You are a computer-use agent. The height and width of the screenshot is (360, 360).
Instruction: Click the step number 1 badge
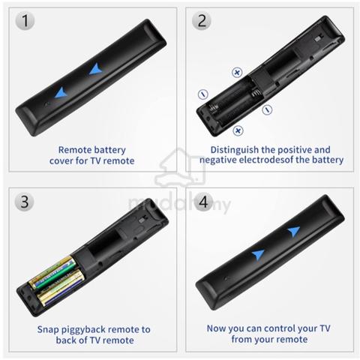[25, 20]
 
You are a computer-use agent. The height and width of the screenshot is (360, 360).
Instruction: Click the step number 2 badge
[202, 20]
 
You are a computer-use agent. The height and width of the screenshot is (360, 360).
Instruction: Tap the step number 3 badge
[25, 202]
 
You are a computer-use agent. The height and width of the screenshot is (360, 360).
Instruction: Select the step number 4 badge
[203, 202]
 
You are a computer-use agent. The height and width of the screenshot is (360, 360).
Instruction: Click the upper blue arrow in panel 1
[96, 69]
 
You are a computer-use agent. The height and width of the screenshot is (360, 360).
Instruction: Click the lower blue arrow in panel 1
[61, 93]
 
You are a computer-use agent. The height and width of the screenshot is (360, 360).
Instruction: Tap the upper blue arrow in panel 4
[294, 232]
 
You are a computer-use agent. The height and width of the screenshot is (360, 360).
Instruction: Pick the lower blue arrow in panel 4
[258, 254]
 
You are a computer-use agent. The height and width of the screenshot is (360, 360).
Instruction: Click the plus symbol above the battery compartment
[237, 73]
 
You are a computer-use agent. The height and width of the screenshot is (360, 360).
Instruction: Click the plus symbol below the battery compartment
[238, 130]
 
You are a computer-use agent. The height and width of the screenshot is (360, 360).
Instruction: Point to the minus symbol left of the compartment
[203, 94]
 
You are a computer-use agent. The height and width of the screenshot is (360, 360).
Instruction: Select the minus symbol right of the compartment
[267, 109]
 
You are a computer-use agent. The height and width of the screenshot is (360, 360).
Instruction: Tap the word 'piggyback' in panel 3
[86, 330]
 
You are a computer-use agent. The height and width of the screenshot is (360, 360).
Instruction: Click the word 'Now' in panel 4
[216, 328]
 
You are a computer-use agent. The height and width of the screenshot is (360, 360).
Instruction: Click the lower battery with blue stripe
[61, 287]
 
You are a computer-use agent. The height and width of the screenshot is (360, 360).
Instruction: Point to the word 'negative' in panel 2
[217, 160]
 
